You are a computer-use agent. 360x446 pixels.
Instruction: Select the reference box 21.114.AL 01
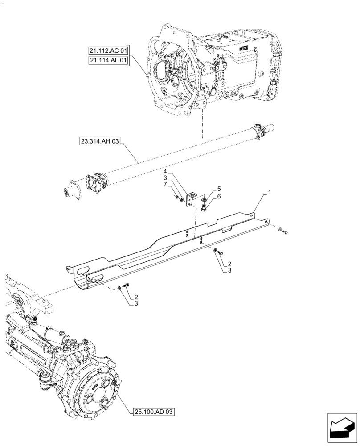(108, 60)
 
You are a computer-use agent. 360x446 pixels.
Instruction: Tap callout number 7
(164, 184)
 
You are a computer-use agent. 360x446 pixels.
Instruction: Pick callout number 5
(219, 189)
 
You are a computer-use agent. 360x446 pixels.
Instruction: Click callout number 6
(219, 196)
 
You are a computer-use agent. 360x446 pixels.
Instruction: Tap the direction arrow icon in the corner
(342, 428)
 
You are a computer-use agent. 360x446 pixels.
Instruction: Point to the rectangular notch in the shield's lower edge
(226, 229)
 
